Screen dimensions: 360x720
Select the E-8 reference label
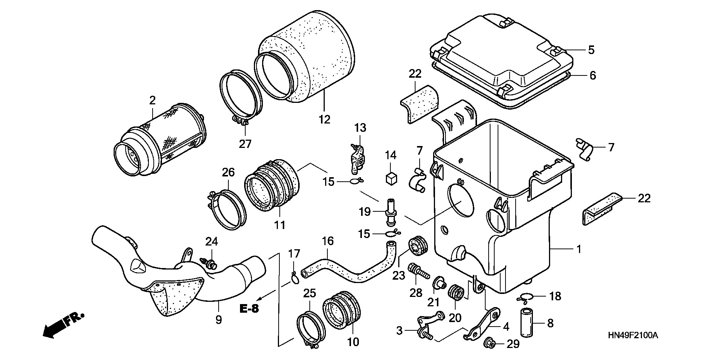(x=250, y=309)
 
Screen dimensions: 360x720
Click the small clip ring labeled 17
(x=295, y=278)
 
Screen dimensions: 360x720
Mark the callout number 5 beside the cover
(x=591, y=50)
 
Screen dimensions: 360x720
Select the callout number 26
(x=228, y=172)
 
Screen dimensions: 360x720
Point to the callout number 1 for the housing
(x=579, y=249)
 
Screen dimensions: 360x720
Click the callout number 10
(x=353, y=342)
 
